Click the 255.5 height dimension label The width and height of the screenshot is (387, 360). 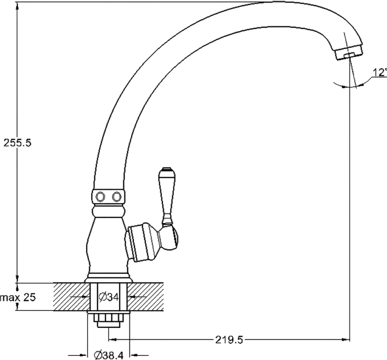18,143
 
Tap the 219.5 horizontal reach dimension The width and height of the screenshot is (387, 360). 229,340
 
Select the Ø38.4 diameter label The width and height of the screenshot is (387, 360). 109,355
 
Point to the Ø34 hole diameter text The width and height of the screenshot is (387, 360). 109,297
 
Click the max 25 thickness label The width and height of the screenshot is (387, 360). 18,297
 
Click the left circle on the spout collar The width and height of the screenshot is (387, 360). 101,197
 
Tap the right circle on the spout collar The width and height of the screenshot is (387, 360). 116,197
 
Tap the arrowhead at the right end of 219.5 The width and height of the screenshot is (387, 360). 346,340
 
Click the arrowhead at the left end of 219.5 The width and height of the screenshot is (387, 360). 113,340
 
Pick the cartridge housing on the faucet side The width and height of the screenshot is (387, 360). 142,242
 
